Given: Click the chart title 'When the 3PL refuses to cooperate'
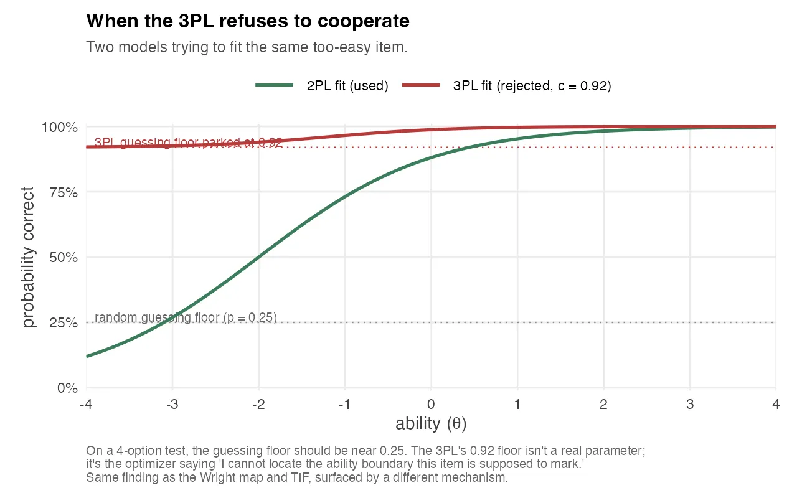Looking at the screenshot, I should coord(248,21).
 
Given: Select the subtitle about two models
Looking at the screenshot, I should coord(247,47).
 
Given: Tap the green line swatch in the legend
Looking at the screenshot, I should coord(275,86).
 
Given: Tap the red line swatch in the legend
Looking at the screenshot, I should coord(422,86).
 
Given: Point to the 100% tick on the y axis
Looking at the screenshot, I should coord(60,127).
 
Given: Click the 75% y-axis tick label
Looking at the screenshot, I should coord(63,192).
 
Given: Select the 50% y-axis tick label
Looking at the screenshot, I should coord(63,258).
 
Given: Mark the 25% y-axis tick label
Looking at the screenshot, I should coord(63,323).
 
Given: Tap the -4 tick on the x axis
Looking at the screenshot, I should coord(86,405).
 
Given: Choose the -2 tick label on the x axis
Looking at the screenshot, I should coord(258,405).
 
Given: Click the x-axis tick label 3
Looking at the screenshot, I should coord(689,405).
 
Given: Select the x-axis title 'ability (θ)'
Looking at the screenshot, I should coord(431,425).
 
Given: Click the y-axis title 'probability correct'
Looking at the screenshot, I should coord(29,257).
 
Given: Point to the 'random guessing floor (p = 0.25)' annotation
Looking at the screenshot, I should coord(186,317).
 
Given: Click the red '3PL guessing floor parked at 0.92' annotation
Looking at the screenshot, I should coord(188,143).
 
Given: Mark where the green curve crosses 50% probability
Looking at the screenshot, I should coord(259,257).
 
